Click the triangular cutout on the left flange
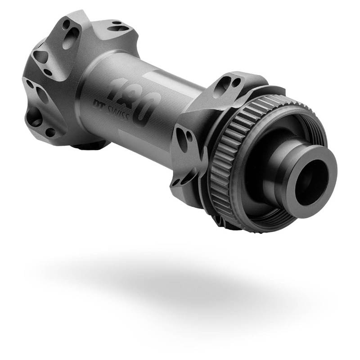(40, 56)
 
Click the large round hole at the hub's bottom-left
(34, 117)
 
